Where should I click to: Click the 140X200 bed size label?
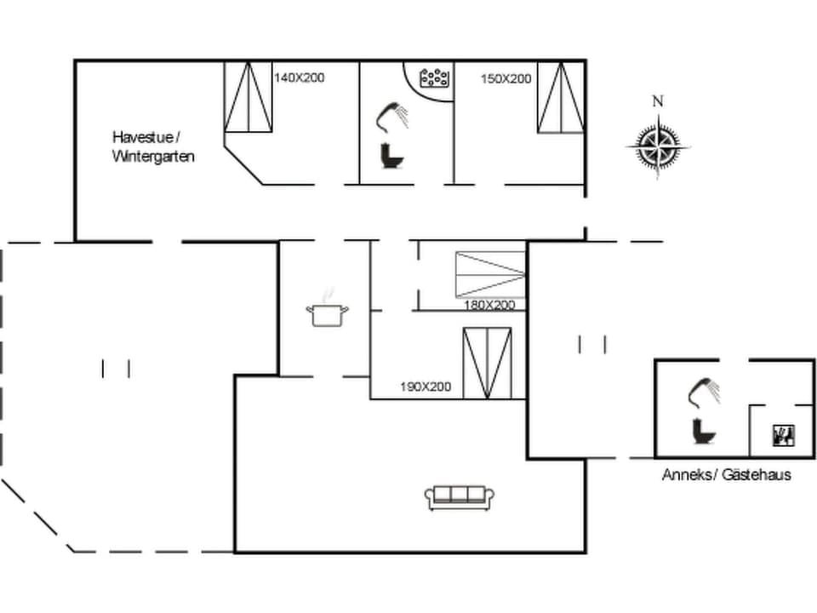(300, 77)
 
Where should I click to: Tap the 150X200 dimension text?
(506, 78)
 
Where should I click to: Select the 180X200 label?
(489, 305)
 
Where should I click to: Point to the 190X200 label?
(426, 387)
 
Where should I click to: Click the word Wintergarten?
(153, 157)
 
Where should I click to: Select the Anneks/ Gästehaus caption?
(726, 474)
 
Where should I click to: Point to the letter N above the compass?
(657, 101)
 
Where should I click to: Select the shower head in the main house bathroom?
(391, 117)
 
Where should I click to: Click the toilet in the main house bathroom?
(391, 156)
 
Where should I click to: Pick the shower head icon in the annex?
(704, 392)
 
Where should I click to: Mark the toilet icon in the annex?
(704, 432)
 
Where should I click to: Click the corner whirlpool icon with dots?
(435, 77)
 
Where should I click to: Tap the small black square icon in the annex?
(782, 436)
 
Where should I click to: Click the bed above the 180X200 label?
(490, 273)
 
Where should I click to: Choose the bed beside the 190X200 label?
(488, 363)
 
